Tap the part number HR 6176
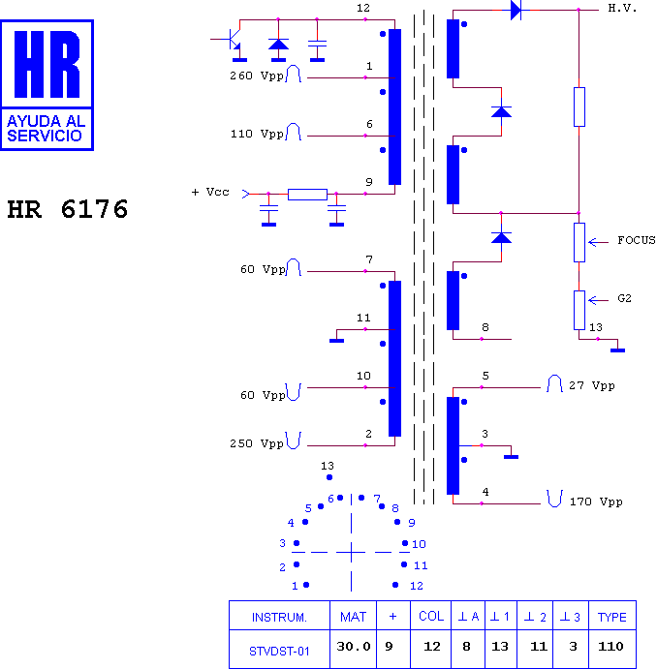[68, 209]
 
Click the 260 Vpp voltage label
[257, 76]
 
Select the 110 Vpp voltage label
[257, 134]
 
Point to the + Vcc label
[210, 192]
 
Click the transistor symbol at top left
[234, 40]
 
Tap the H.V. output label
[622, 8]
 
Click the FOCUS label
[636, 240]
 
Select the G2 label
[624, 298]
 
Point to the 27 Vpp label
[592, 385]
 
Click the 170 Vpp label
[596, 502]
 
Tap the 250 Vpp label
[257, 443]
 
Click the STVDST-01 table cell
[279, 651]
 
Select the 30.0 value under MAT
[353, 647]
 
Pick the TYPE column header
[611, 618]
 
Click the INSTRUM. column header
[279, 618]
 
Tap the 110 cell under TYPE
[610, 647]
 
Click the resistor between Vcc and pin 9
[307, 195]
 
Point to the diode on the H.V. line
[516, 10]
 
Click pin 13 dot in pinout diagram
[329, 477]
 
